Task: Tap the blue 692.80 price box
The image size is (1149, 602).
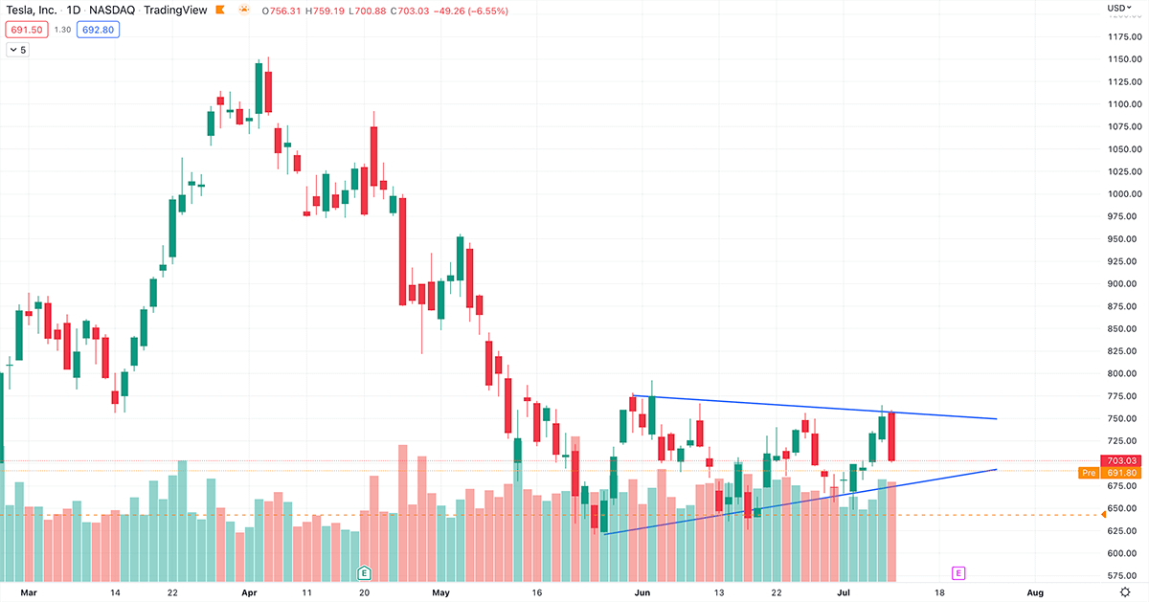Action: pos(98,30)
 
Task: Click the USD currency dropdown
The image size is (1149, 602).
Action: pos(1117,9)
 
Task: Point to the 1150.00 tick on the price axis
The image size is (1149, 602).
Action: pos(1122,59)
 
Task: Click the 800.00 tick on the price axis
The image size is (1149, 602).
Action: pos(1122,374)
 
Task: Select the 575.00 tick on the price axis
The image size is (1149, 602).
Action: pos(1122,576)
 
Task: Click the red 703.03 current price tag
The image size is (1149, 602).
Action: pos(1122,460)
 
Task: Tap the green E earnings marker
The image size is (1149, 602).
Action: pos(364,573)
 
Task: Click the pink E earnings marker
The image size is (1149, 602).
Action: pos(957,573)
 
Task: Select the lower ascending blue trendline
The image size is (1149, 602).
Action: pos(814,499)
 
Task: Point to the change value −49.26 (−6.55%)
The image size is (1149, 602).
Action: pos(474,11)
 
